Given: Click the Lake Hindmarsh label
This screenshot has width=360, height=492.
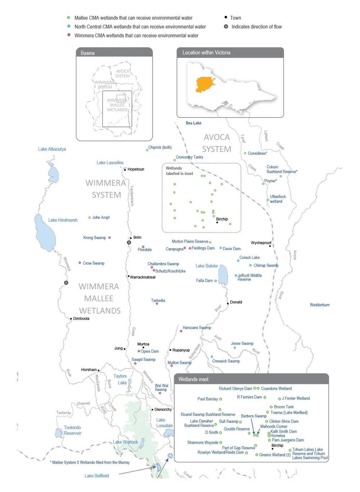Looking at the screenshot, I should click(x=63, y=220).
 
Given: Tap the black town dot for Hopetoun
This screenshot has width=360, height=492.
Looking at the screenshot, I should click(x=125, y=170).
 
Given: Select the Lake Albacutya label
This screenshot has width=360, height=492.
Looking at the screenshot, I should click(x=52, y=149).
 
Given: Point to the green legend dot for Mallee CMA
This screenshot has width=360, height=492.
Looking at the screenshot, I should click(x=68, y=18).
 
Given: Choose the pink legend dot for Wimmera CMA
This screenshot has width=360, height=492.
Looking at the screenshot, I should click(x=68, y=35).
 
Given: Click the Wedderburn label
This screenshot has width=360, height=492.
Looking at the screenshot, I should click(x=319, y=305).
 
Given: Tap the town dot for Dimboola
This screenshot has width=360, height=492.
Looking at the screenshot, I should click(x=71, y=319).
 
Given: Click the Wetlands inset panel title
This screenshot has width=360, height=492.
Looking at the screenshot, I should click(x=193, y=379).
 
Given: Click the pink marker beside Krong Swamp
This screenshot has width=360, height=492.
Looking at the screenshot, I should click(x=109, y=238).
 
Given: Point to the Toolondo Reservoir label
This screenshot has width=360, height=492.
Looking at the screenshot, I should click(x=72, y=430).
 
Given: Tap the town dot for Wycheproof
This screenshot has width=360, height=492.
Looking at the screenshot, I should click(x=270, y=246).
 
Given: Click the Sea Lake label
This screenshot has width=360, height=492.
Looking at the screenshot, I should click(x=193, y=123).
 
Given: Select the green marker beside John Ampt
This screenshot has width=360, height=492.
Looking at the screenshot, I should click(x=89, y=217).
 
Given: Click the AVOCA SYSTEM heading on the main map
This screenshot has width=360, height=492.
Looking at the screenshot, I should click(x=216, y=143).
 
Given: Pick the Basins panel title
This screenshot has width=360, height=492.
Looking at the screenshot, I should click(x=87, y=53).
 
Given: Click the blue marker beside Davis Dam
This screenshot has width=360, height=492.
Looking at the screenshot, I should click(x=221, y=248).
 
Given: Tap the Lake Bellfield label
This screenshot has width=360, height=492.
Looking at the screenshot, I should click(x=96, y=476).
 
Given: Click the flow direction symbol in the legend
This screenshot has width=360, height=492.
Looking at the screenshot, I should click(x=226, y=27).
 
